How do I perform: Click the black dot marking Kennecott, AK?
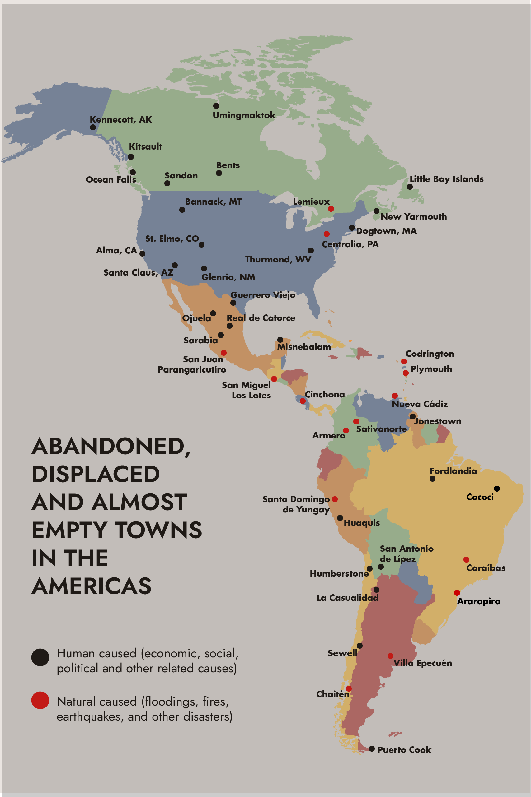(x=93, y=127)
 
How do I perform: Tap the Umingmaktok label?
(x=244, y=115)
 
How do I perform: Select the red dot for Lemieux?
(x=331, y=209)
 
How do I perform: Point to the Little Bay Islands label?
(x=446, y=178)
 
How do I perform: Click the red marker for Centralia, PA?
(x=327, y=234)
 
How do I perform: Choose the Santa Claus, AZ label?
(x=138, y=272)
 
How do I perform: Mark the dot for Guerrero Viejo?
(x=233, y=303)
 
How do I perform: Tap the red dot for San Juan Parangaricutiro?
(x=223, y=353)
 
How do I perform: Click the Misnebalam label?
(x=304, y=347)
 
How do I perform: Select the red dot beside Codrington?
(x=404, y=361)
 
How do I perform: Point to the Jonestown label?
(x=438, y=421)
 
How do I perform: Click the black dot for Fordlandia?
(x=432, y=479)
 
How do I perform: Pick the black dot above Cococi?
(x=497, y=489)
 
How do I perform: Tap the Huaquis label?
(x=362, y=523)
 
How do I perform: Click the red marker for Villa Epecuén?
(x=390, y=656)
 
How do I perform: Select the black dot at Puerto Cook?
(x=372, y=748)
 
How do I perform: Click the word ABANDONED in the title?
(x=111, y=446)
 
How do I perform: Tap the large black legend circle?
(x=40, y=657)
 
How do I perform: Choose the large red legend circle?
(x=40, y=700)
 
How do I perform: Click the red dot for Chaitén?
(x=349, y=688)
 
